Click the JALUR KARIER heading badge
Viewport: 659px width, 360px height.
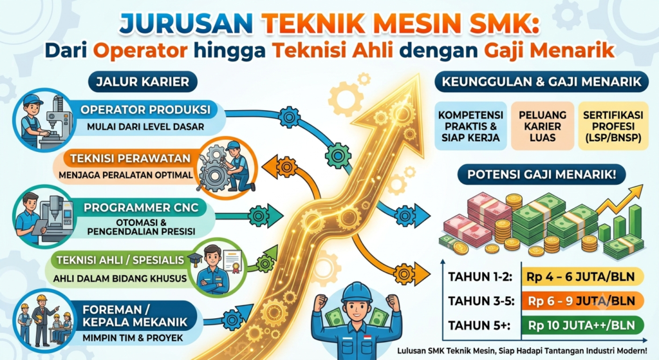pos(142,82)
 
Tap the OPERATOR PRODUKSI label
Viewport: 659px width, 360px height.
pos(145,110)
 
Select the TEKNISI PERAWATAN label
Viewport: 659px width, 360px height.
pos(130,158)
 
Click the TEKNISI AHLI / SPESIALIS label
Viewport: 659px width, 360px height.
pos(120,260)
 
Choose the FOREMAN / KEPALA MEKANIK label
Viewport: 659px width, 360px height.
pos(135,316)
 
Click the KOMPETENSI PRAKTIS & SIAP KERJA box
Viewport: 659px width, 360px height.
pos(470,126)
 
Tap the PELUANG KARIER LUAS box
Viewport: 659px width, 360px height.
pos(542,126)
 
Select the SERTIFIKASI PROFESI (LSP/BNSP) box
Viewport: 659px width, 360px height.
pos(613,126)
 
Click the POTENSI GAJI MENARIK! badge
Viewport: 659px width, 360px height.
pos(541,175)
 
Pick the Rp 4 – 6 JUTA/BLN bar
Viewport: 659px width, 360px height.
pos(582,277)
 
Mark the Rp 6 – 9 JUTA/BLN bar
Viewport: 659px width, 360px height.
pos(582,301)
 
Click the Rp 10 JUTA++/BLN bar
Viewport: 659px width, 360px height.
pos(582,325)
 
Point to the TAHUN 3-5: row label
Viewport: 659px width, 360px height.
pos(481,301)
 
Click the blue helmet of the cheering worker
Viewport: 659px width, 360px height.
pos(357,292)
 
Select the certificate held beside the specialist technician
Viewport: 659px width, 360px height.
pos(232,261)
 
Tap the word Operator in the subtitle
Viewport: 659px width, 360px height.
pos(140,51)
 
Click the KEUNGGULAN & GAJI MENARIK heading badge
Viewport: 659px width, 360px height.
pos(542,82)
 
